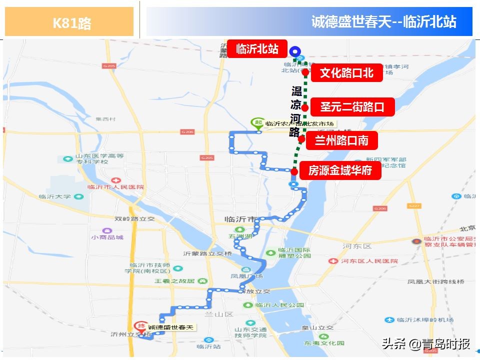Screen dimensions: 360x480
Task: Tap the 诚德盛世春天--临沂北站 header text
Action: (383, 22)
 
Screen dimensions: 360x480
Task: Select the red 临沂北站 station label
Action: (257, 49)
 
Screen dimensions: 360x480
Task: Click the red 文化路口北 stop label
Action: (346, 73)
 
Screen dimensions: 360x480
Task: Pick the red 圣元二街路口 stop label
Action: (352, 106)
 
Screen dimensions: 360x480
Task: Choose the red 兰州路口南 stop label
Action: (341, 140)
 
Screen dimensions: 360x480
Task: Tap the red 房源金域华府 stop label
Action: (340, 170)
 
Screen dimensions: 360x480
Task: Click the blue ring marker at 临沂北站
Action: (295, 50)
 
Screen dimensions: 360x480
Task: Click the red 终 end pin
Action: (142, 325)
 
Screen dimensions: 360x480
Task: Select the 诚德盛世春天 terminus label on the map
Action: (170, 327)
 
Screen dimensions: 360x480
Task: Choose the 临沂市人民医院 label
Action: (115, 187)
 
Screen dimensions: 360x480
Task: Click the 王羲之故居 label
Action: (174, 281)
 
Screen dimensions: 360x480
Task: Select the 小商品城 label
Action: (107, 237)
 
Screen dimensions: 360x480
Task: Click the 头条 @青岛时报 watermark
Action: (426, 344)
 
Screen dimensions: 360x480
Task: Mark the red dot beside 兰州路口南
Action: (301, 139)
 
